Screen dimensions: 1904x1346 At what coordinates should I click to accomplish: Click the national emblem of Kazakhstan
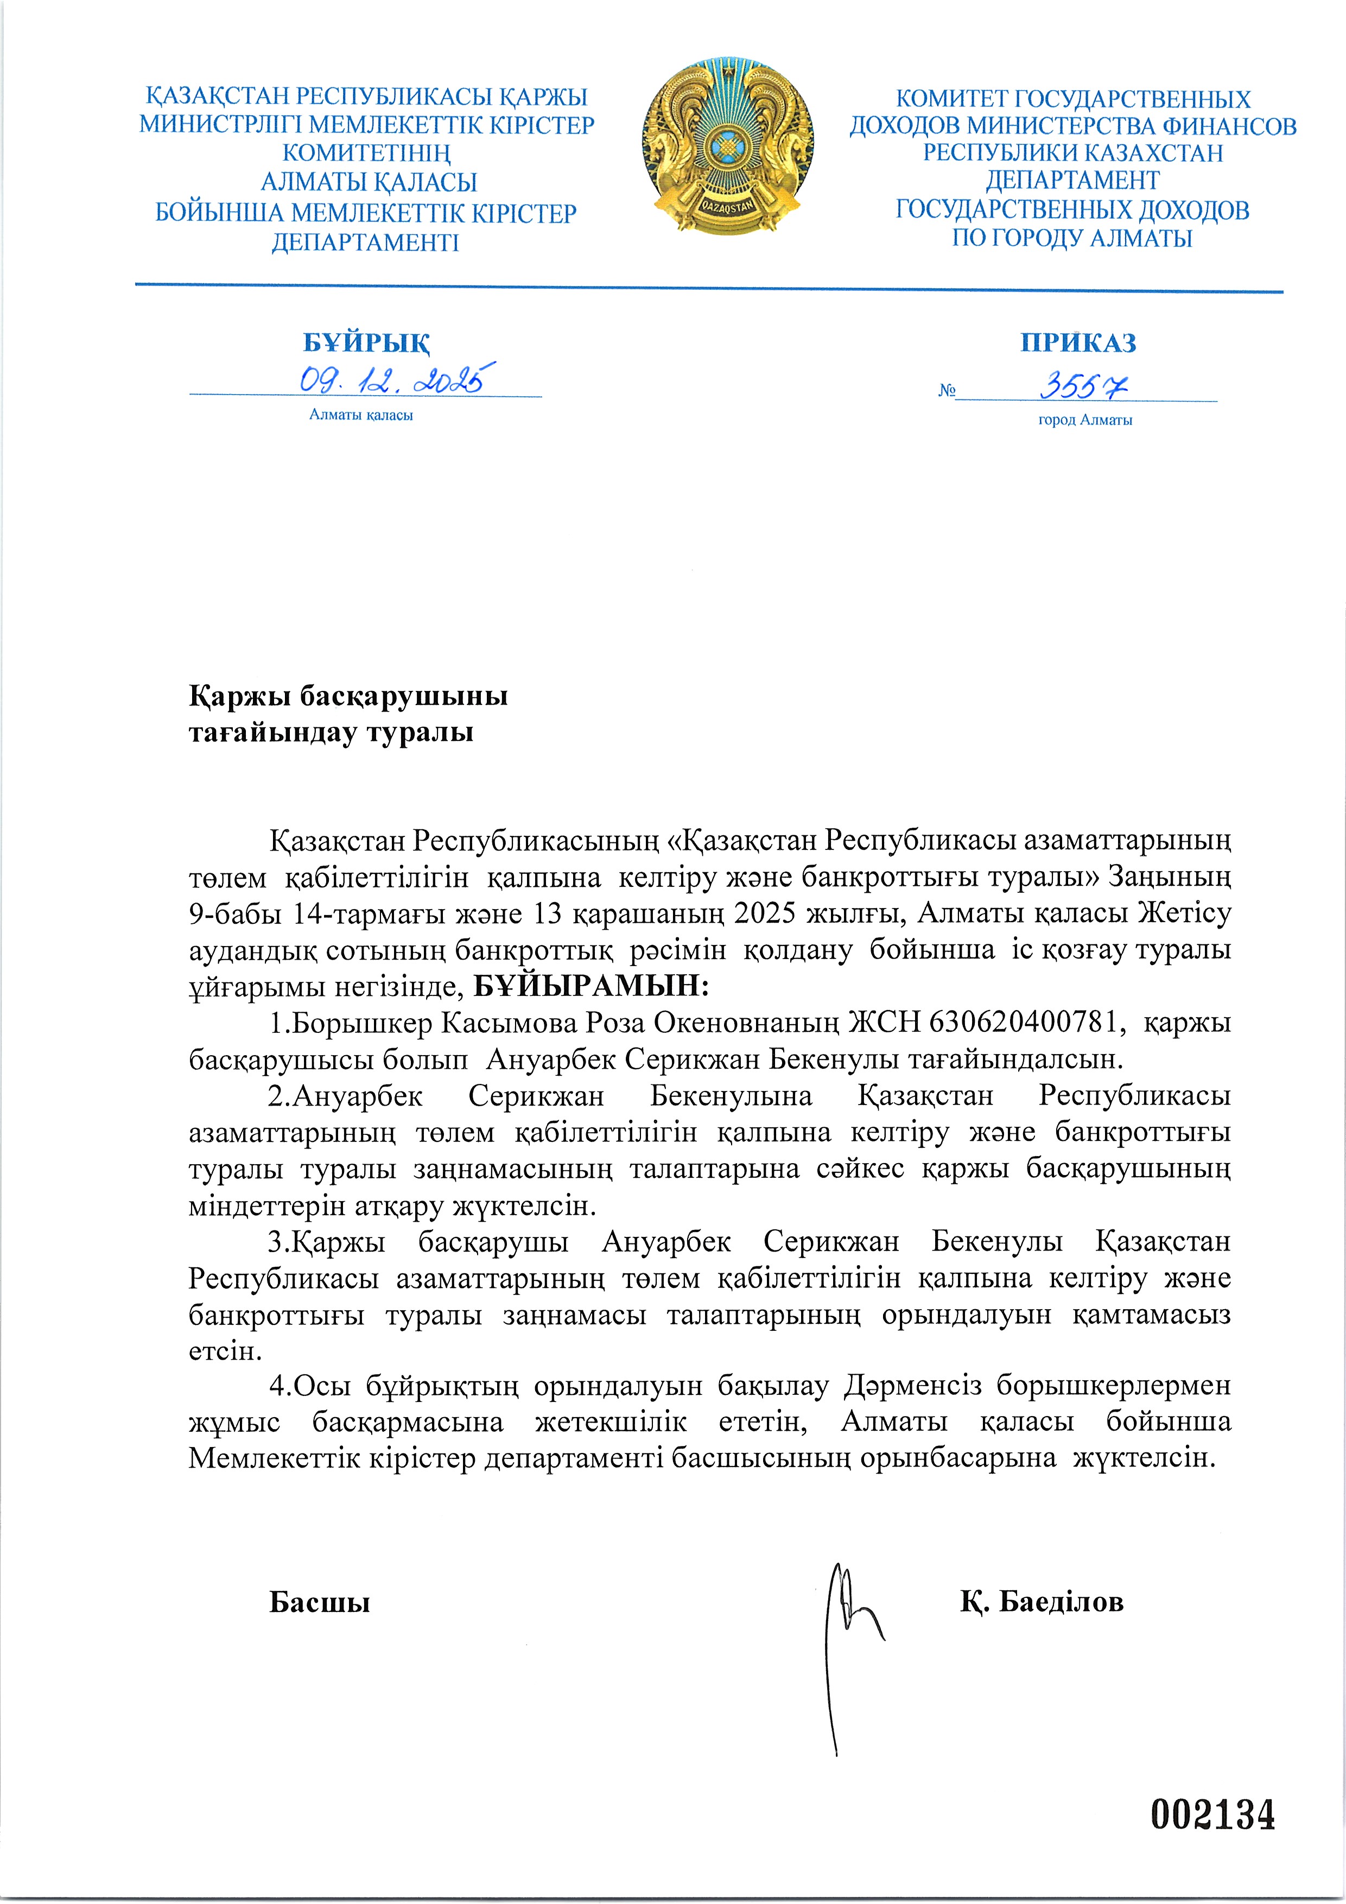pyautogui.click(x=727, y=148)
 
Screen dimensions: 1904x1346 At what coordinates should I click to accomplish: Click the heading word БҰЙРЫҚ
pyautogui.click(x=366, y=342)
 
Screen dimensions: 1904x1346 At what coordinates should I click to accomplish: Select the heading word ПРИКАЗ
pyautogui.click(x=1077, y=342)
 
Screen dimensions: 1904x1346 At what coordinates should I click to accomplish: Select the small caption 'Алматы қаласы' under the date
pyautogui.click(x=361, y=415)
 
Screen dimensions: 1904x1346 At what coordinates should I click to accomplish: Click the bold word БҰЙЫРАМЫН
pyautogui.click(x=591, y=987)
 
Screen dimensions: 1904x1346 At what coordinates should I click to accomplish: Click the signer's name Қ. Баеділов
pyautogui.click(x=1042, y=1601)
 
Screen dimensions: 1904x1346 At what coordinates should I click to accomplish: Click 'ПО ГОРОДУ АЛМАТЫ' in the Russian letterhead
pyautogui.click(x=1071, y=239)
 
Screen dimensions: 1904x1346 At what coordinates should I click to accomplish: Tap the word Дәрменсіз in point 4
pyautogui.click(x=912, y=1385)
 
